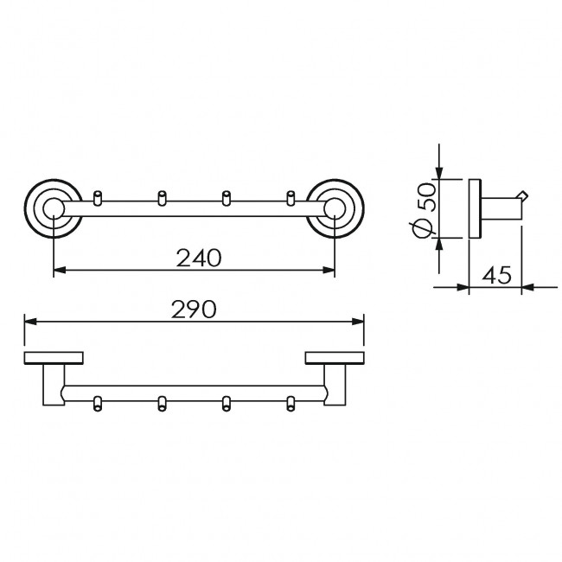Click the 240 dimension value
tap(199, 258)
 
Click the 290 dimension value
tap(194, 310)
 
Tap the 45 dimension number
tap(496, 275)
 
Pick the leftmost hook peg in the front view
tap(97, 198)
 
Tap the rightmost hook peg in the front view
tap(291, 198)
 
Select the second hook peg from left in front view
tap(162, 198)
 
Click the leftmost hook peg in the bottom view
tap(97, 404)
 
